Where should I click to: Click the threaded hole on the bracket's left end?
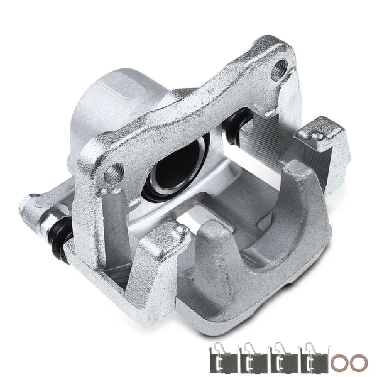(114, 172)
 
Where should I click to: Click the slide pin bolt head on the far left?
(26, 204)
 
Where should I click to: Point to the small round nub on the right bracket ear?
(319, 134)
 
